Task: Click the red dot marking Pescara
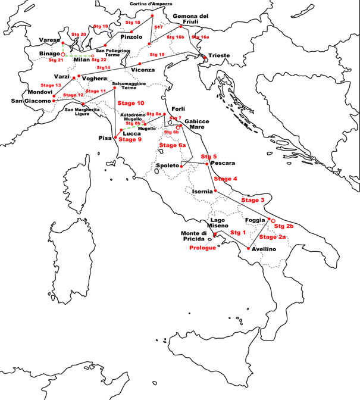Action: pyautogui.click(x=207, y=163)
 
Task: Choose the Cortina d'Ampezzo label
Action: pyautogui.click(x=151, y=4)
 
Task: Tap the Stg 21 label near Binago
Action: pyautogui.click(x=56, y=60)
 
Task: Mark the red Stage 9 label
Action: pyautogui.click(x=130, y=140)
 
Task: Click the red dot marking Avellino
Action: pyautogui.click(x=248, y=248)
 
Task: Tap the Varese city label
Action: pyautogui.click(x=48, y=40)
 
